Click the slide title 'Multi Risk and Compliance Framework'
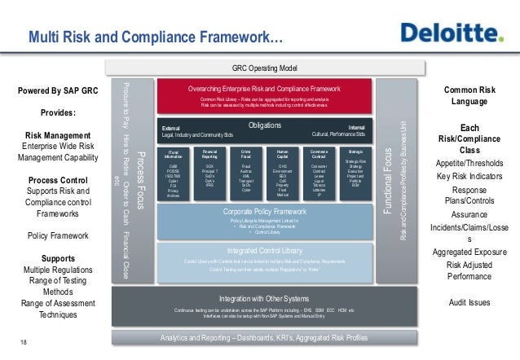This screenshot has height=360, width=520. pyautogui.click(x=156, y=37)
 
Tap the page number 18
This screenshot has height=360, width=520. pyautogui.click(x=23, y=342)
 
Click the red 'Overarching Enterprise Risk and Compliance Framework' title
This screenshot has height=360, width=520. pyautogui.click(x=263, y=88)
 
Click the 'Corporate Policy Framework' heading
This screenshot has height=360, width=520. pyautogui.click(x=264, y=212)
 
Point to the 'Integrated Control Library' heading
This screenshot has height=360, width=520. pyautogui.click(x=264, y=249)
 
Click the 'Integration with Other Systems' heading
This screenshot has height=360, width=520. pyautogui.click(x=263, y=298)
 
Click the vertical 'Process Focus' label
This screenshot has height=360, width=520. pyautogui.click(x=139, y=170)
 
